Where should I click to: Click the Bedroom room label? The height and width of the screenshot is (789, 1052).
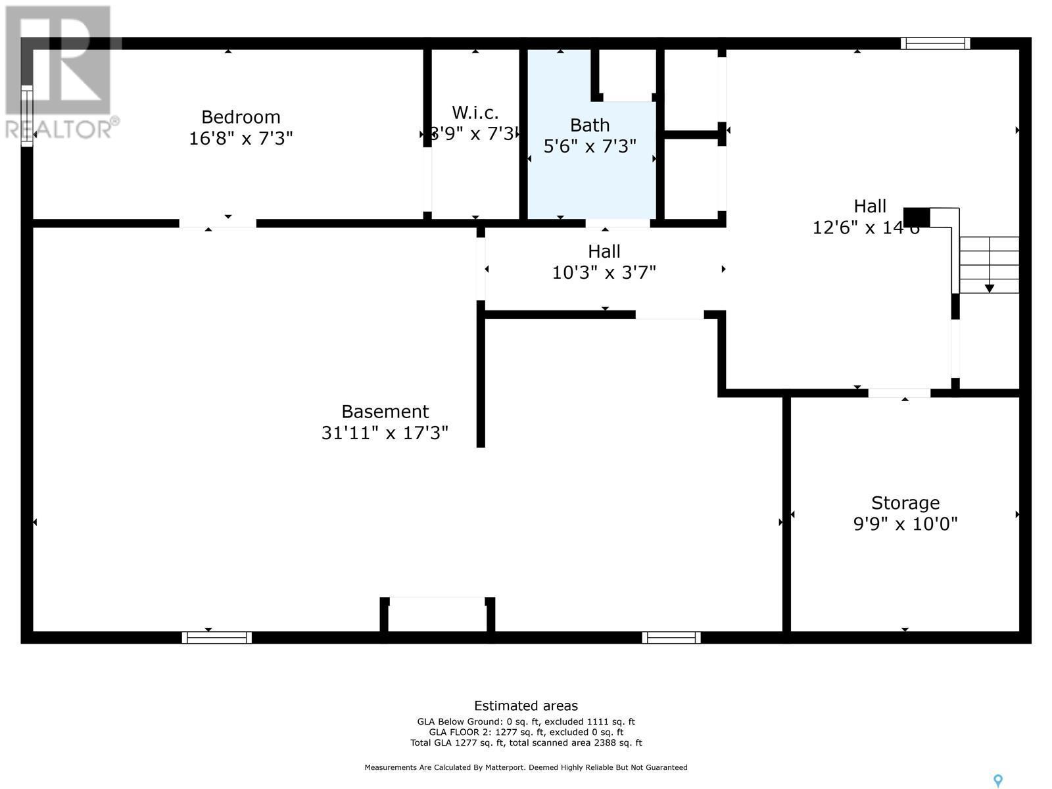click(x=241, y=117)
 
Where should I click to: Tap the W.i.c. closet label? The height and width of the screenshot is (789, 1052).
click(x=475, y=112)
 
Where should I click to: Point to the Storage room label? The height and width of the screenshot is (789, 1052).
click(x=905, y=503)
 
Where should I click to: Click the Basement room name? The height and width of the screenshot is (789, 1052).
click(x=385, y=412)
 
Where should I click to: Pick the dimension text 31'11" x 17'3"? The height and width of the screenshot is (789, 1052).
click(x=385, y=433)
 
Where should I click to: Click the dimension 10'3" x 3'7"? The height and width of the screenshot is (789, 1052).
click(x=604, y=272)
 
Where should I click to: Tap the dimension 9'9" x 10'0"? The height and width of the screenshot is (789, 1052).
click(x=905, y=524)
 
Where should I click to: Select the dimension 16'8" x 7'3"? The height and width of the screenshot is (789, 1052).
click(x=241, y=138)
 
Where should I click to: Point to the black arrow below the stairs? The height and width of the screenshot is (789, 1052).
click(x=990, y=289)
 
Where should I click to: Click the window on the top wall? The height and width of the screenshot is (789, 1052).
click(x=935, y=43)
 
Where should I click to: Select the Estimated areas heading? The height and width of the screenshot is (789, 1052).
click(x=526, y=706)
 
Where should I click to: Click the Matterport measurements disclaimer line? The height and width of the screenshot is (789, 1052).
click(x=526, y=767)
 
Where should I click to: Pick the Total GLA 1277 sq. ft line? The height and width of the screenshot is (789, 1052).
click(x=526, y=743)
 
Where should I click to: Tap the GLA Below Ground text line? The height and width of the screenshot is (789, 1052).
click(x=526, y=721)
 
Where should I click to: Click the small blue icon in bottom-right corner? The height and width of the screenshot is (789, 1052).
click(x=998, y=780)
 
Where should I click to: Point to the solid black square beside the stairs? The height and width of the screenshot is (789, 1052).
click(x=917, y=217)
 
